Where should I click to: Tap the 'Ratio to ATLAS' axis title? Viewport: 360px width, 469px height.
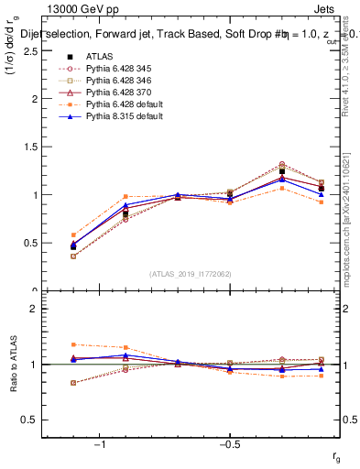click(13, 364)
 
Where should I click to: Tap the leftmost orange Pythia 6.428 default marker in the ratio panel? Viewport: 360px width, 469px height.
click(73, 344)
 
